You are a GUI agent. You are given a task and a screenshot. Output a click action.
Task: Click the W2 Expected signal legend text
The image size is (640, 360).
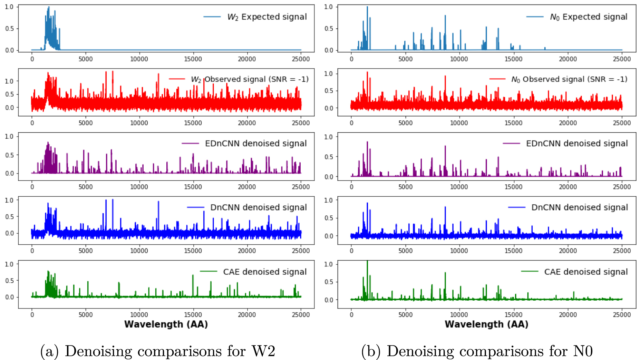click(266, 17)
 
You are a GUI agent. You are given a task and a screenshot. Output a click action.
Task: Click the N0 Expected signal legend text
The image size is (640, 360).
click(588, 17)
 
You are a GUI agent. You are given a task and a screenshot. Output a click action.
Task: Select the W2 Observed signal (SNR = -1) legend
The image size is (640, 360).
click(249, 79)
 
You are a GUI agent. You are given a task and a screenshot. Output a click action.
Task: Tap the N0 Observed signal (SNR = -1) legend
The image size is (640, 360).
click(569, 79)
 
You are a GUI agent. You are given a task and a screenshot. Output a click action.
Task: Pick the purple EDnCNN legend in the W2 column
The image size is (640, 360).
click(255, 144)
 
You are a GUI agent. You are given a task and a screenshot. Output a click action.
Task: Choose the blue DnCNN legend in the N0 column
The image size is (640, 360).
click(579, 207)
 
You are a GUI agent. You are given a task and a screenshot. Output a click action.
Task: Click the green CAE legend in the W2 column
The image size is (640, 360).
click(264, 272)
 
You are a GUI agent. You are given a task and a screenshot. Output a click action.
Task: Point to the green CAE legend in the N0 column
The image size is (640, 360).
click(585, 272)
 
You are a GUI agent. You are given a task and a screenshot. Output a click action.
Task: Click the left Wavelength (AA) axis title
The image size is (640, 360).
click(166, 324)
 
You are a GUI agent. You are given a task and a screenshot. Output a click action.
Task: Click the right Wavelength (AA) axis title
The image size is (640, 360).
click(486, 324)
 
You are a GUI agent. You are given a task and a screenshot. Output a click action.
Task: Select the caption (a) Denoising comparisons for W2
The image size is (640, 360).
click(158, 351)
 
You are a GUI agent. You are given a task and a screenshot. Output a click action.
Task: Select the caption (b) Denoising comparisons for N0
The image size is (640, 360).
click(477, 351)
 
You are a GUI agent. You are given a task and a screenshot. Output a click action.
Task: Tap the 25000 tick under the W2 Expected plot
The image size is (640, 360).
click(301, 59)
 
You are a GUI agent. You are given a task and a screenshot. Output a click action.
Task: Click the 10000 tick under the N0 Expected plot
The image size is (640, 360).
click(459, 59)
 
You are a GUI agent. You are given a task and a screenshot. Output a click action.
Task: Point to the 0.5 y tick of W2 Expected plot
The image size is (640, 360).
click(9, 29)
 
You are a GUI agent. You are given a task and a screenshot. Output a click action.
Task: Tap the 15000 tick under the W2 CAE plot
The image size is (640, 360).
click(193, 315)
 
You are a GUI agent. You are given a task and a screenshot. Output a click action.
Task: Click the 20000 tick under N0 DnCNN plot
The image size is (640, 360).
click(568, 251)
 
